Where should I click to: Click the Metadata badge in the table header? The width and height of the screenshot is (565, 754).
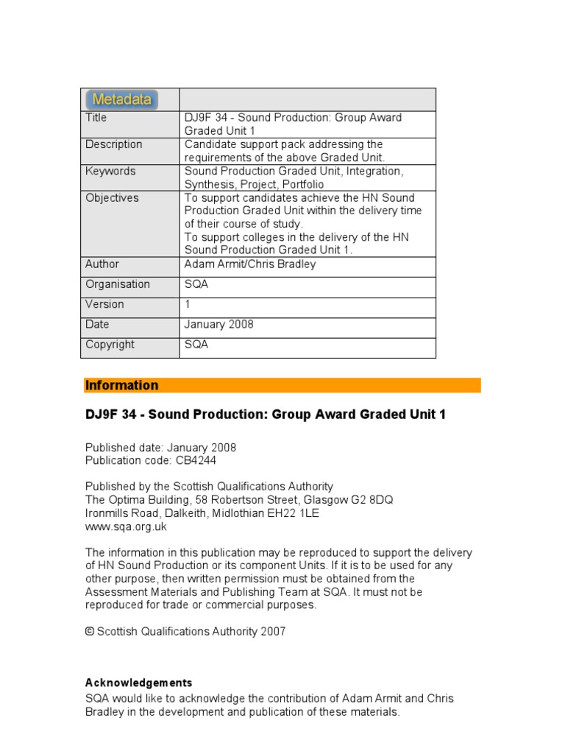(x=122, y=99)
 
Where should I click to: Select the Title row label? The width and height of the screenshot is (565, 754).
(x=96, y=118)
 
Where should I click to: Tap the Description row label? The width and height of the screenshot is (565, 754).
(x=114, y=144)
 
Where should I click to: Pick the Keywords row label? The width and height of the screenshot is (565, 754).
(x=110, y=171)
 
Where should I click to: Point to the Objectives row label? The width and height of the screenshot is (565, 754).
(x=112, y=197)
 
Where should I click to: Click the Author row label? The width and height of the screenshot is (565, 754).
(x=102, y=264)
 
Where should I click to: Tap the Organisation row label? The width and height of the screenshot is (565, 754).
(x=118, y=284)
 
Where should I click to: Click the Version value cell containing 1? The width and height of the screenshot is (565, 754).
(x=188, y=304)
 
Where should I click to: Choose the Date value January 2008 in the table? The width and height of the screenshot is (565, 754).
(x=219, y=324)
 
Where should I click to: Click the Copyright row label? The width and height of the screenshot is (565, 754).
(x=110, y=344)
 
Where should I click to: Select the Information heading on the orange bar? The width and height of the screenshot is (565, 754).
(x=122, y=385)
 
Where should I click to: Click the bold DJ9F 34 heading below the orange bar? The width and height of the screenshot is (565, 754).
(x=266, y=415)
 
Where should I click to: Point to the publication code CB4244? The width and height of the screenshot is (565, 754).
(x=196, y=461)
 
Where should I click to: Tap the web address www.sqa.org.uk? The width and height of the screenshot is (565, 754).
(x=126, y=526)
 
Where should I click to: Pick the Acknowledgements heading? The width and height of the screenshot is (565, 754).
(x=139, y=683)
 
